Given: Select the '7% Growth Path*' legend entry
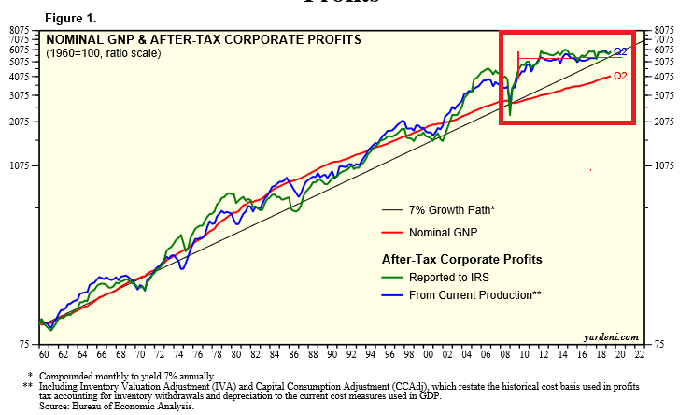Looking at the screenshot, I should tap(452, 209).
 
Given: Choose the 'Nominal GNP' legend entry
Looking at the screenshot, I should tap(443, 232).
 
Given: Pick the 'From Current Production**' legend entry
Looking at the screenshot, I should tap(475, 294).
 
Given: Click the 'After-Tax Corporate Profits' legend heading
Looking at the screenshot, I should tap(461, 258).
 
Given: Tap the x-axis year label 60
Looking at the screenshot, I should tap(42, 355).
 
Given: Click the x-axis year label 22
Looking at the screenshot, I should tap(641, 355).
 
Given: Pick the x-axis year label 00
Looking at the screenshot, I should tap(428, 355).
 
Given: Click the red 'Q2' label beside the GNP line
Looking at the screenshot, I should tap(620, 76).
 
